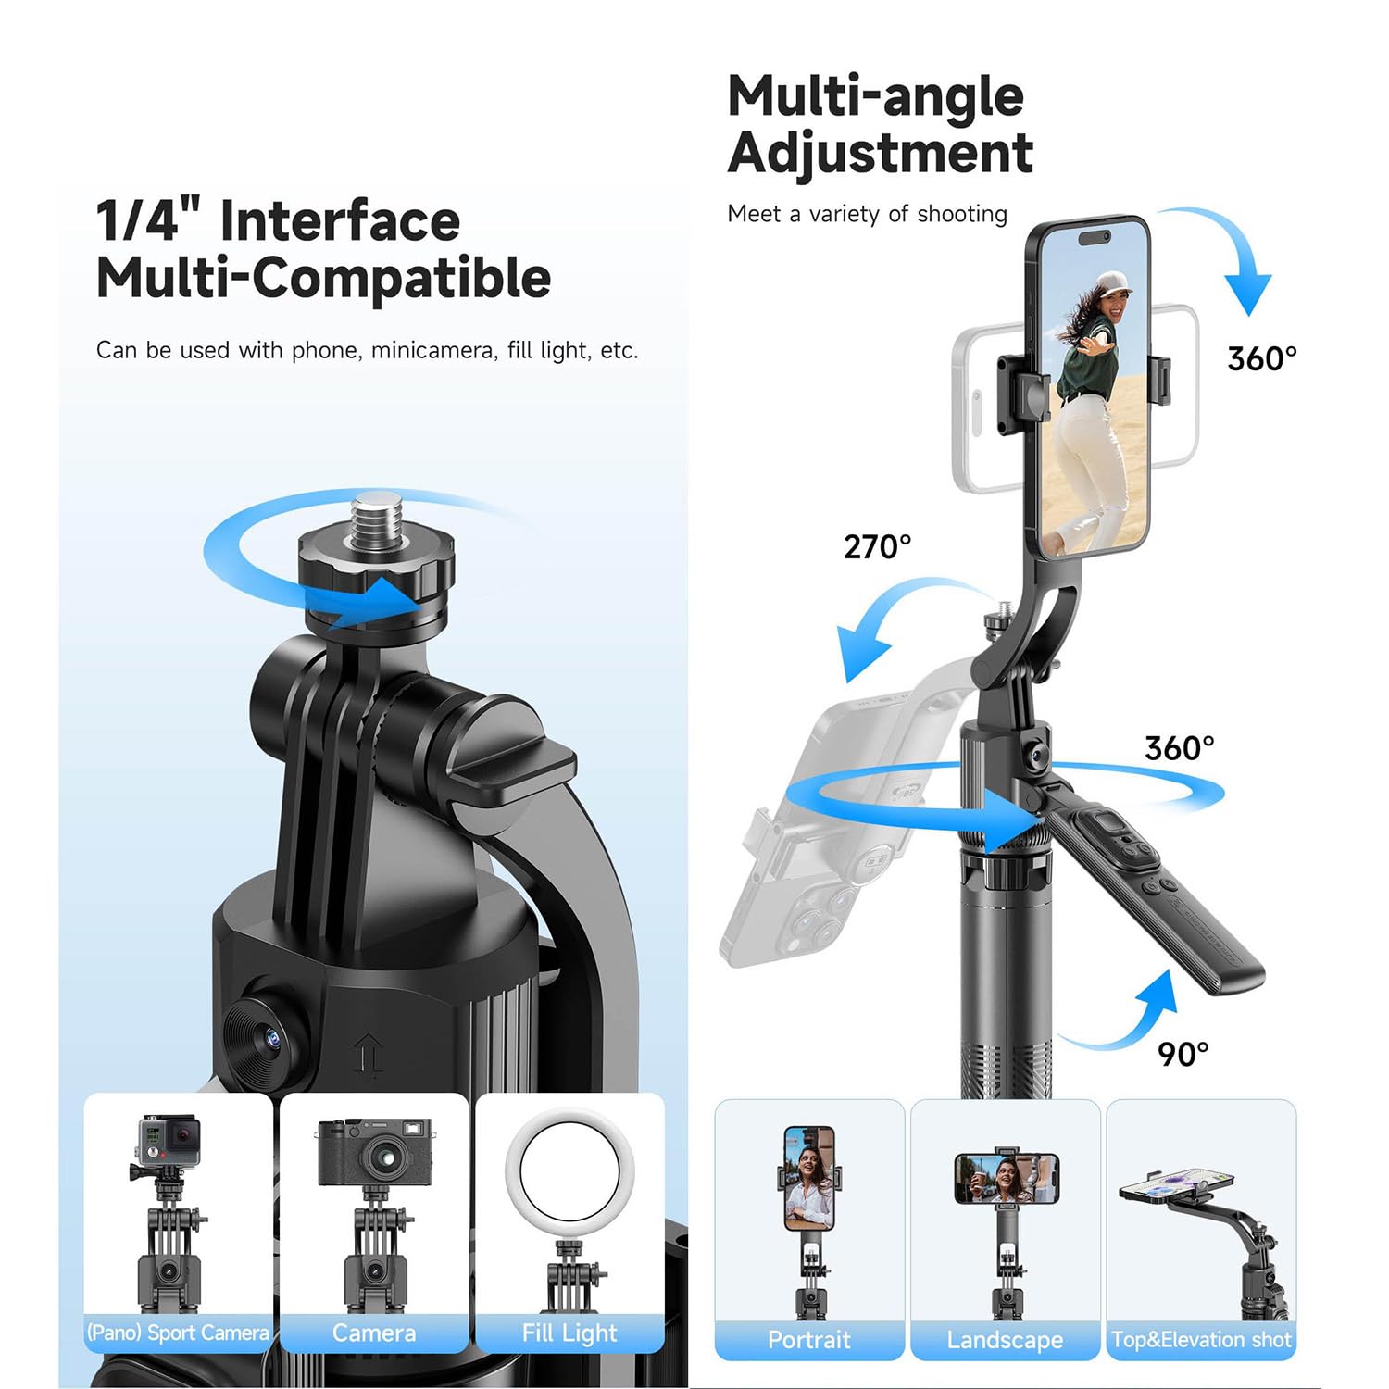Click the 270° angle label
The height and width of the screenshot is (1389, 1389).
(x=877, y=547)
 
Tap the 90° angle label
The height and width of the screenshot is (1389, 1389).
(x=1183, y=1054)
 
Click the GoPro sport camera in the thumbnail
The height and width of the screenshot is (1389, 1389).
(x=169, y=1142)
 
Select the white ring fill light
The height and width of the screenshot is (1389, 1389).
(x=569, y=1171)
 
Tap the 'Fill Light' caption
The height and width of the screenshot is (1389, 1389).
(x=569, y=1333)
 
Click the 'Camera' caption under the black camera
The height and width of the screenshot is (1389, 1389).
(x=374, y=1333)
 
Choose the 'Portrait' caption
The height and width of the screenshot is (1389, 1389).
(x=808, y=1339)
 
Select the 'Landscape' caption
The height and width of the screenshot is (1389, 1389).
(x=1005, y=1339)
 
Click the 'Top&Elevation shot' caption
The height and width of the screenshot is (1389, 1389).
(x=1201, y=1339)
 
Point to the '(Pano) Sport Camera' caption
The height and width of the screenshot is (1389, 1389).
(x=178, y=1333)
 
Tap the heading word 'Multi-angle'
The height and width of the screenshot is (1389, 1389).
(x=875, y=96)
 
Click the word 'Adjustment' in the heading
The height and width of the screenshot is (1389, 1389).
(x=880, y=152)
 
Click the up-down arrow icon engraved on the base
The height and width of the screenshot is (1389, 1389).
(x=369, y=1057)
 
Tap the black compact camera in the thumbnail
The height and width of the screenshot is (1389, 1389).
(x=375, y=1152)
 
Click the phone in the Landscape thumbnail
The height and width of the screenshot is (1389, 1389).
(x=1007, y=1178)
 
